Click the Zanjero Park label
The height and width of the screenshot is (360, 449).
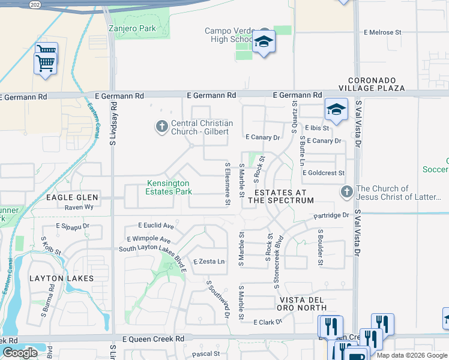pyautogui.click(x=132, y=28)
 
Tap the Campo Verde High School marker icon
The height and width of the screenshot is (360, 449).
pyautogui.click(x=264, y=42)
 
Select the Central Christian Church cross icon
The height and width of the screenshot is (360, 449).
pyautogui.click(x=161, y=127)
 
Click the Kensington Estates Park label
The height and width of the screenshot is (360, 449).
pyautogui.click(x=168, y=188)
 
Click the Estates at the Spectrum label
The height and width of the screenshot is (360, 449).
pyautogui.click(x=280, y=196)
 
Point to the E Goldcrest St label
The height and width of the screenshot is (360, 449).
pyautogui.click(x=324, y=173)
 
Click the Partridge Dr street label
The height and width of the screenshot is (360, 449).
pyautogui.click(x=331, y=215)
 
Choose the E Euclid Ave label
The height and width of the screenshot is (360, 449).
pyautogui.click(x=155, y=226)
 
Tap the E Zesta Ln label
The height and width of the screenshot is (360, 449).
pyautogui.click(x=209, y=262)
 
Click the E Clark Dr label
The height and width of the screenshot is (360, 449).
pyautogui.click(x=268, y=322)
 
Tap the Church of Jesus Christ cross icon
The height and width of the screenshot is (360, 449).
pyautogui.click(x=346, y=193)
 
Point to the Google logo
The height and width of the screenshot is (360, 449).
pyautogui.click(x=20, y=352)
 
